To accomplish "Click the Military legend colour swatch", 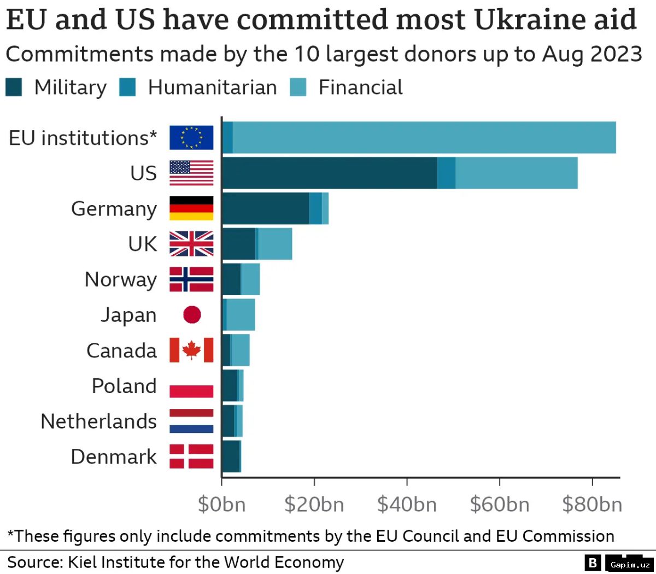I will [14, 87].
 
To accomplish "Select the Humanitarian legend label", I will [212, 87].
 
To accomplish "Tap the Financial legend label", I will [360, 87].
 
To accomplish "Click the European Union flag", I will [191, 138].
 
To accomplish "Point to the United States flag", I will [191, 173].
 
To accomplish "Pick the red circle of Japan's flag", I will [192, 315].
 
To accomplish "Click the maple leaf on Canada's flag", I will [191, 350].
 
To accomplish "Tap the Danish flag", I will [191, 456].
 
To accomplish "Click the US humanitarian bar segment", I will [446, 173].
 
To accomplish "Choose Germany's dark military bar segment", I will [265, 208].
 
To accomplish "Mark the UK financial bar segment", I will [275, 244].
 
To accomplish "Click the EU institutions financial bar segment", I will [424, 138].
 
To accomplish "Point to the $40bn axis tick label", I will [407, 504].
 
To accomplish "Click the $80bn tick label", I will [592, 504].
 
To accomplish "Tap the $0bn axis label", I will [221, 504].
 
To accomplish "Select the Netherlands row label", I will [98, 421].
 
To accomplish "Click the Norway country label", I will [120, 279].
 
